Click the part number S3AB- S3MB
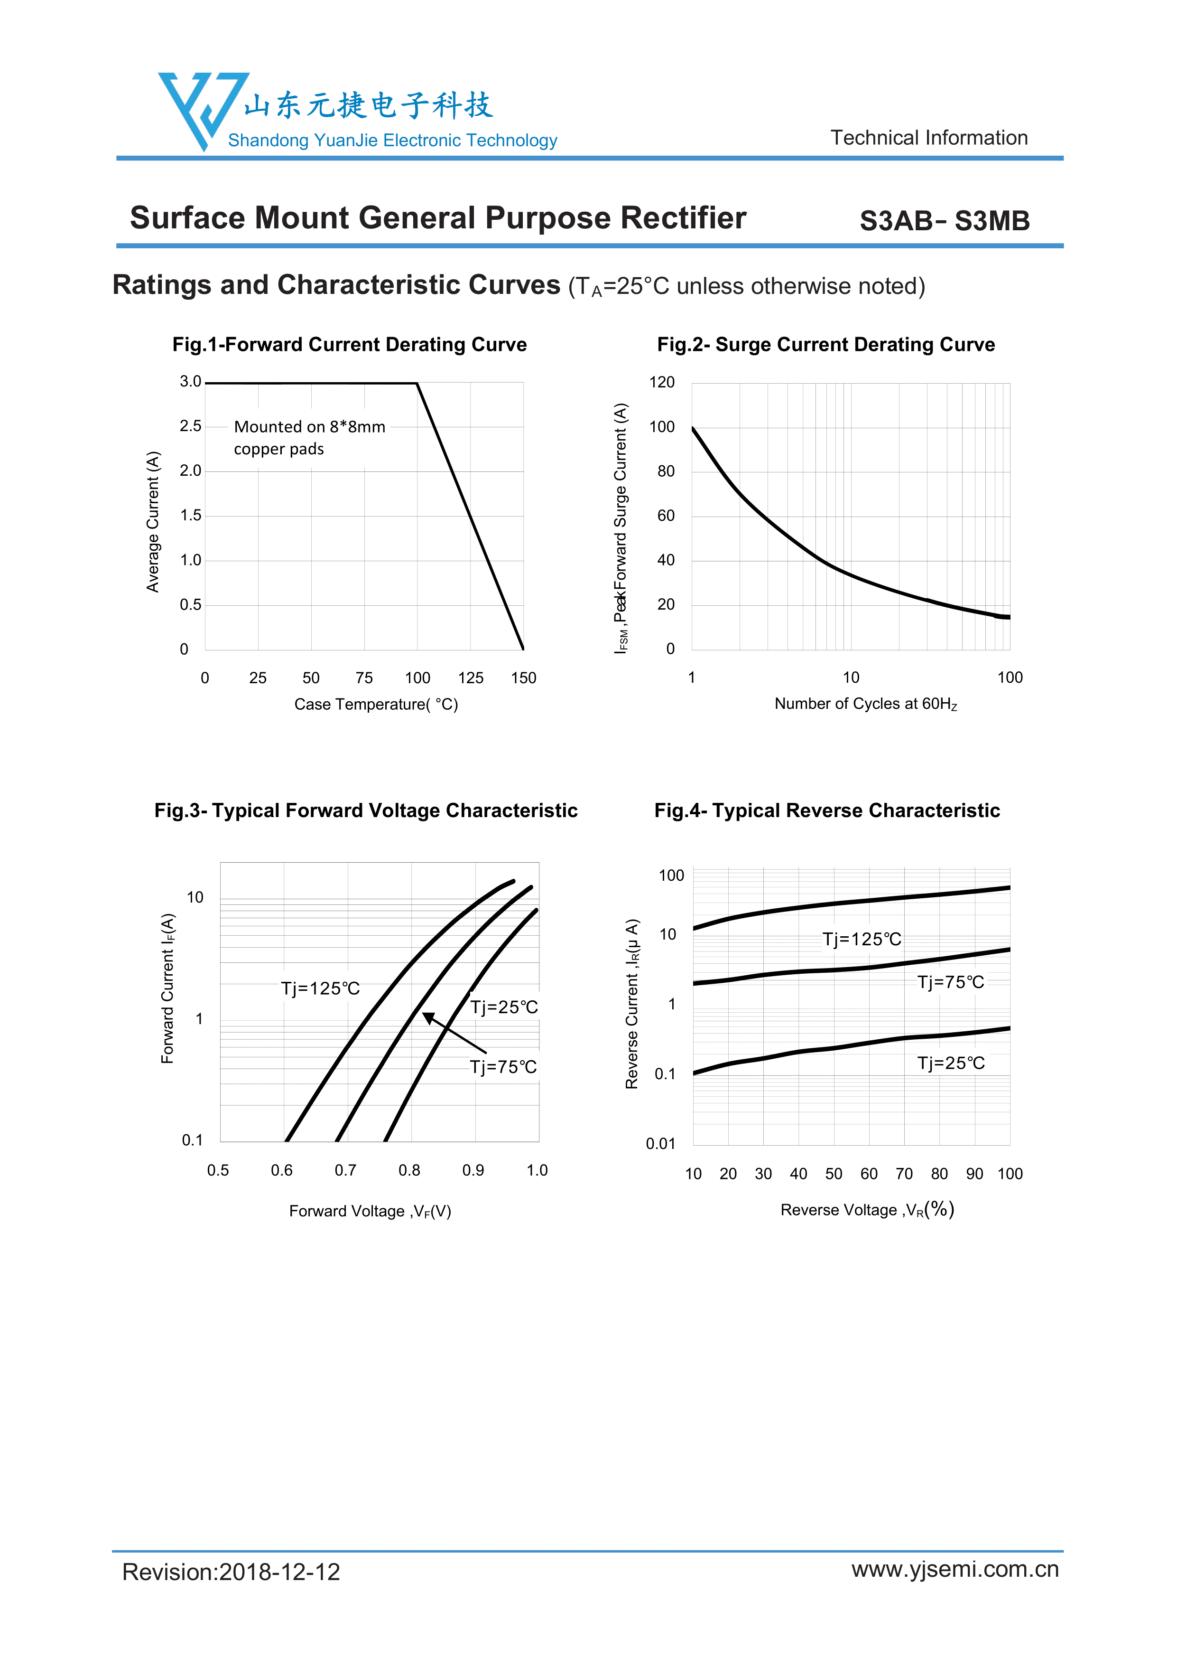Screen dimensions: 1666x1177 944,221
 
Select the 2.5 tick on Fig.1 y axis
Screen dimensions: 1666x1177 191,426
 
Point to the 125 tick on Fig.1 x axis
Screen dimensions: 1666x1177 471,678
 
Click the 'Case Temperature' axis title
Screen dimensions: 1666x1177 376,704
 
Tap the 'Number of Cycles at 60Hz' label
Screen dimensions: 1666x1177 865,704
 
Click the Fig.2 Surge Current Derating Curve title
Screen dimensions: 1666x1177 825,345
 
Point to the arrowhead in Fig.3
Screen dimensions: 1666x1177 428,1017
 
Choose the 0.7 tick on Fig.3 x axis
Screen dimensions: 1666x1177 345,1170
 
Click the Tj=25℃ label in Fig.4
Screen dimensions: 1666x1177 950,1063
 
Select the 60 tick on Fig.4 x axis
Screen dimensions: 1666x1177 869,1173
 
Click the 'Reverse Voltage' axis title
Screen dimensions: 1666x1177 867,1210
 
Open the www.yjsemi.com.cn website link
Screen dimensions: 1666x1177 955,1569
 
